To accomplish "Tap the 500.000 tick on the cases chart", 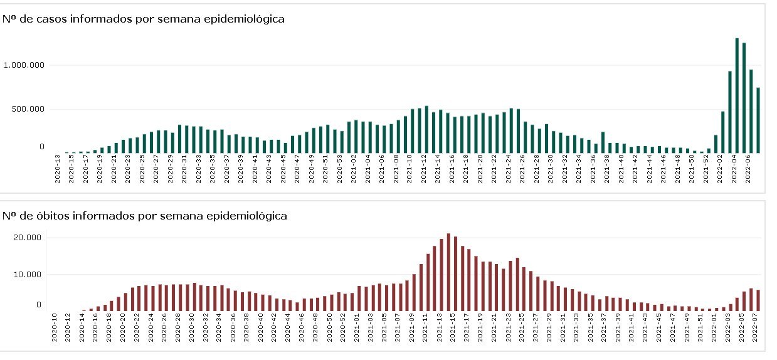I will (29, 109).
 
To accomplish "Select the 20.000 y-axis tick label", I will (27, 238).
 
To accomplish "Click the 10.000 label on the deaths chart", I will (27, 275).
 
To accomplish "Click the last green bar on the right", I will (758, 120).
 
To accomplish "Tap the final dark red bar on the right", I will (758, 300).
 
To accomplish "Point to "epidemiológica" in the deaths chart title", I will (250, 216).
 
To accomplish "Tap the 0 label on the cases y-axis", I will (42, 147).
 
